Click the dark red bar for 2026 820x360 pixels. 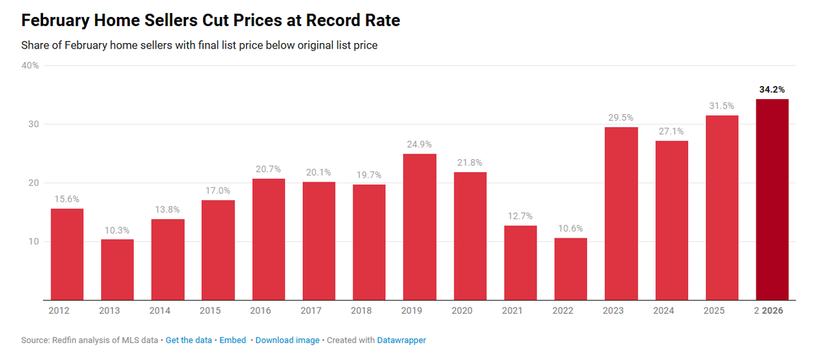pos(772,199)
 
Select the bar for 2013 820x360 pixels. pos(118,270)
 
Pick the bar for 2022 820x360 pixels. pos(571,269)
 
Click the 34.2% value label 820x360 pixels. pos(772,89)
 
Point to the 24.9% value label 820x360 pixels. pos(420,144)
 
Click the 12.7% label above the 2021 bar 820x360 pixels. pos(520,216)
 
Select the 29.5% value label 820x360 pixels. pos(621,117)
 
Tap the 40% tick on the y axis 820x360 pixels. pos(31,66)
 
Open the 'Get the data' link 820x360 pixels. pos(189,340)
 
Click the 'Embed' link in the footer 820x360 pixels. pos(234,340)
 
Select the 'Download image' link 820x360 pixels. pos(287,340)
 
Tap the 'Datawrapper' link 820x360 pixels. pos(401,340)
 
